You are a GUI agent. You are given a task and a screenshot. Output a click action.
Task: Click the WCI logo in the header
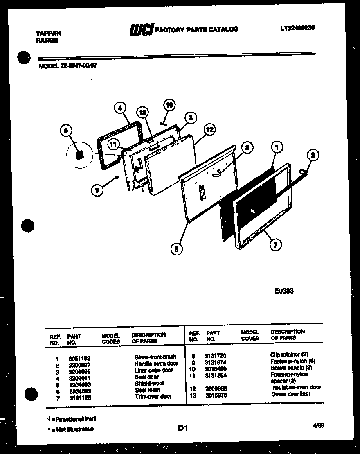141,29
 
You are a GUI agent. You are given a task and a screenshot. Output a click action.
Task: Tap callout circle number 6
66,131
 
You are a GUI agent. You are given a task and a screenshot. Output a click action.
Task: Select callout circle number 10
169,105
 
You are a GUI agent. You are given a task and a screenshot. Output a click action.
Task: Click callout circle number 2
313,155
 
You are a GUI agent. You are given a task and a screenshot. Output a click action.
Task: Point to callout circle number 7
275,245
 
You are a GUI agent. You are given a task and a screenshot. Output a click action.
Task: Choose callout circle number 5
177,248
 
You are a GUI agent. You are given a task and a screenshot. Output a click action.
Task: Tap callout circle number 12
209,130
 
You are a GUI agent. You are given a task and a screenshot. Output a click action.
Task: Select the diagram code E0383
283,291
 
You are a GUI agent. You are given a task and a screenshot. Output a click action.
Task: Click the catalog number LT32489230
297,28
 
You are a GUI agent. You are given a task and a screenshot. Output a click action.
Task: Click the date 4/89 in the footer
319,426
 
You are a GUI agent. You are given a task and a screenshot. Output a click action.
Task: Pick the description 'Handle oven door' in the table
156,364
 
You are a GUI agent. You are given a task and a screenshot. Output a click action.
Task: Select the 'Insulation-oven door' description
296,387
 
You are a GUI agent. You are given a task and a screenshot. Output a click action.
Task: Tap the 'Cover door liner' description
290,394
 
